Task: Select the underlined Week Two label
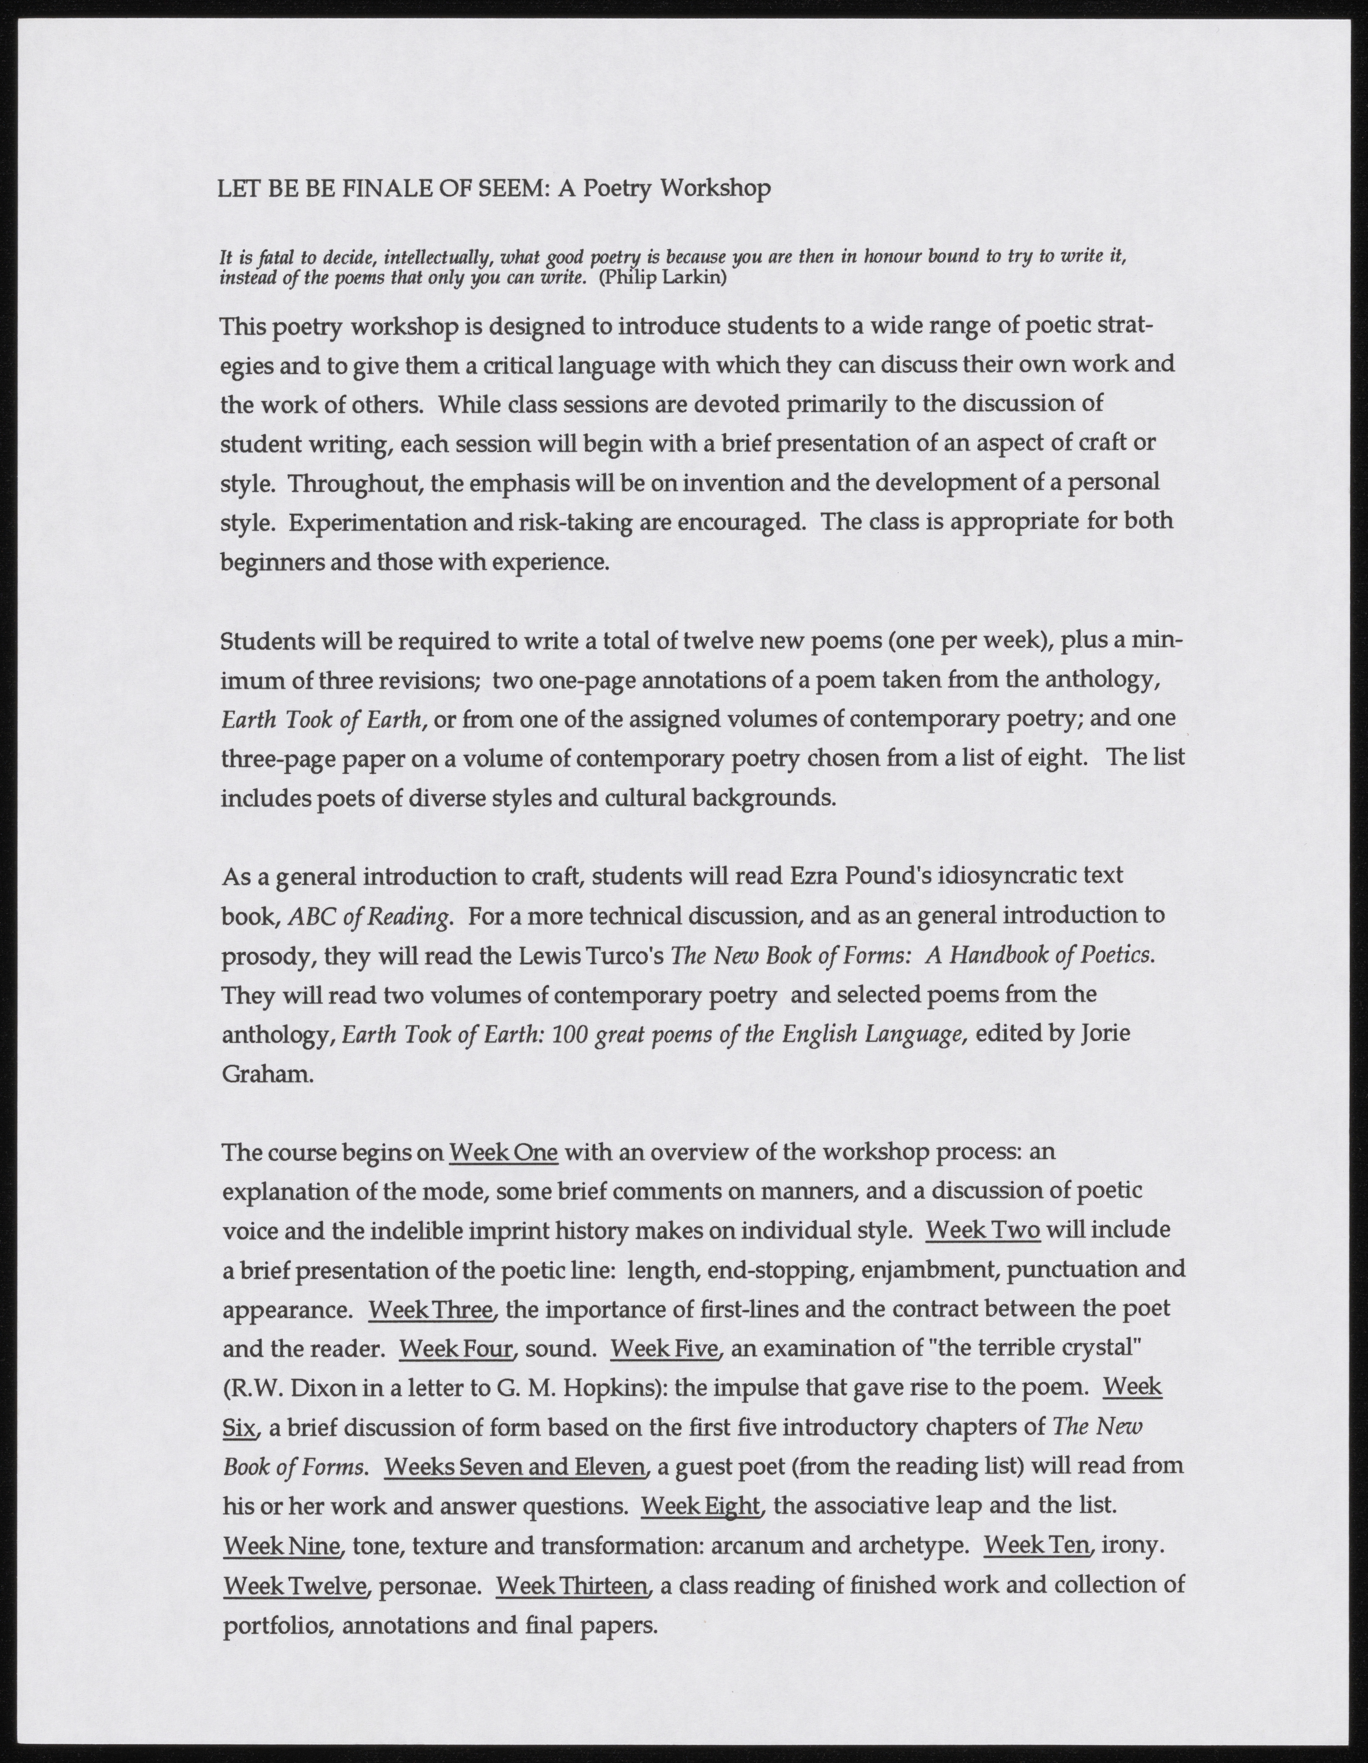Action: (x=983, y=1230)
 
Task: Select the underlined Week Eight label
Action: (x=700, y=1506)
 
